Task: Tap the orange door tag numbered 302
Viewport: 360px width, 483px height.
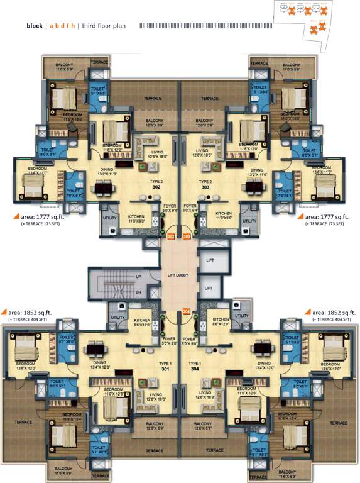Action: pos(171,236)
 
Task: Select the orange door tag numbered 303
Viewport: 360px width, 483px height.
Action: pos(187,236)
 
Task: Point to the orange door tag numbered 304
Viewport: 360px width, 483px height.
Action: pos(186,311)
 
